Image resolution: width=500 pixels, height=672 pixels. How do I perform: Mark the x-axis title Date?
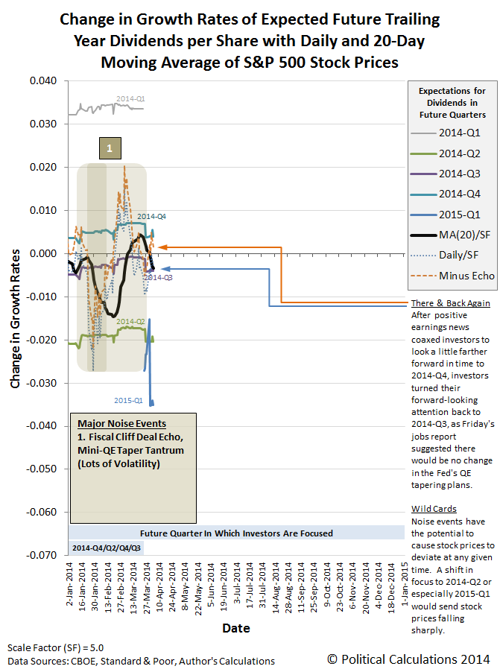tap(236, 628)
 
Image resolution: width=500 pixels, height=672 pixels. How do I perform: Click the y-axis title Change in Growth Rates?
tap(16, 318)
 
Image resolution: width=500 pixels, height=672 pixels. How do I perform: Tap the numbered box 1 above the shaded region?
tap(110, 149)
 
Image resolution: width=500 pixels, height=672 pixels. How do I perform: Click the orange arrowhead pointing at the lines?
tap(161, 247)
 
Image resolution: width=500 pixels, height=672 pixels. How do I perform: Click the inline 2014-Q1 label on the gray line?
tap(130, 98)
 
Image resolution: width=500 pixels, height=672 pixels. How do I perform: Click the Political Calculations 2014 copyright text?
tap(408, 659)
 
